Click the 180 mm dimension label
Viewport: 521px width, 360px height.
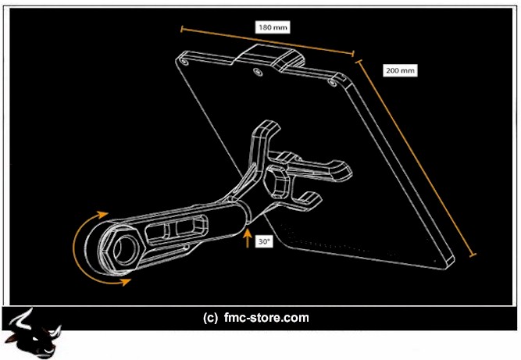pos(273,27)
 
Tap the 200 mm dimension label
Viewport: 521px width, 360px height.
pos(400,70)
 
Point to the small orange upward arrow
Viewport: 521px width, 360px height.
pos(248,238)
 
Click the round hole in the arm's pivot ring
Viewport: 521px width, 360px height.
pos(120,249)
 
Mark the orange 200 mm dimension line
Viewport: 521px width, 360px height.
pos(418,156)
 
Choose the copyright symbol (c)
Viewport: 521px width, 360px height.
pos(209,318)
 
